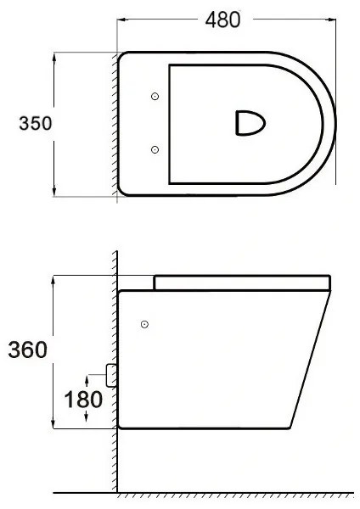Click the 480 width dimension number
pyautogui.click(x=223, y=20)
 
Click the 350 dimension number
pyautogui.click(x=36, y=123)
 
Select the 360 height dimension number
pyautogui.click(x=28, y=350)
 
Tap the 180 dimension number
pyautogui.click(x=83, y=400)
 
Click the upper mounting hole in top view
pyautogui.click(x=155, y=96)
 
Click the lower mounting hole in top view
pyautogui.click(x=155, y=149)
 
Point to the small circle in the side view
pyautogui.click(x=144, y=324)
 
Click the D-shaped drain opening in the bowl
pyautogui.click(x=250, y=123)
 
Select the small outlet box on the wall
pyautogui.click(x=111, y=375)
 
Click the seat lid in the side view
pyautogui.click(x=242, y=282)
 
